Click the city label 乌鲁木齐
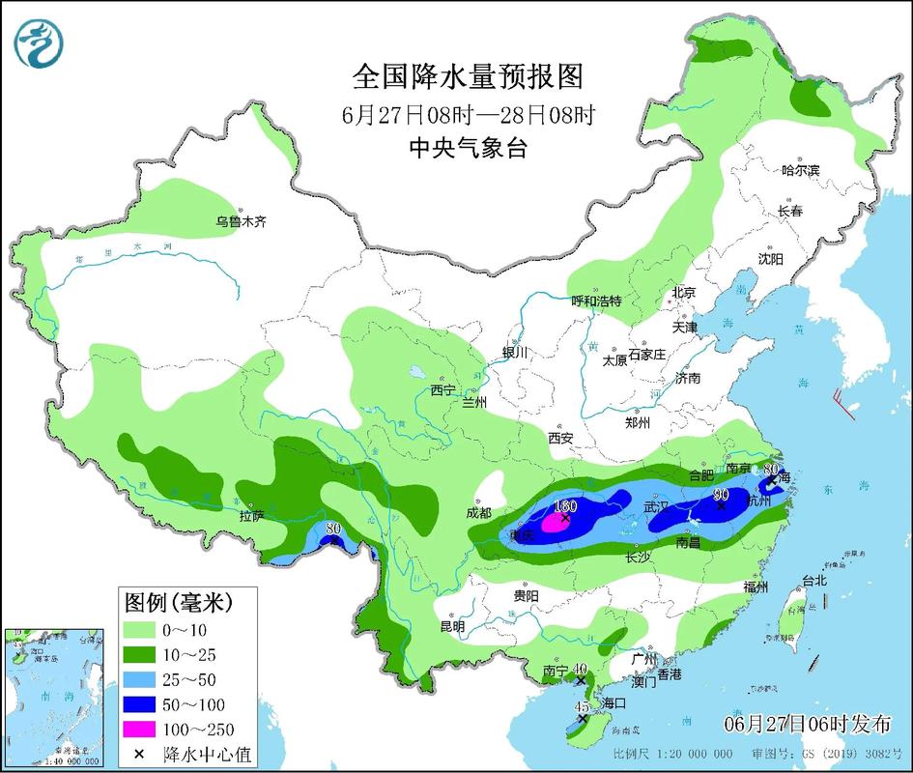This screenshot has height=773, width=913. [241, 221]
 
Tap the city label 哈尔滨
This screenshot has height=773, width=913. [800, 170]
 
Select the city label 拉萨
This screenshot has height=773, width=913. [253, 516]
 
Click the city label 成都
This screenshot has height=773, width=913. [478, 512]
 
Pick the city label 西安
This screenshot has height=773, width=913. [560, 438]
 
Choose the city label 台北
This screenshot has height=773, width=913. [814, 581]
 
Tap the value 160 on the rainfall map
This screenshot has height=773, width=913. [565, 506]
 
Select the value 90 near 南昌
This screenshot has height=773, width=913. [720, 495]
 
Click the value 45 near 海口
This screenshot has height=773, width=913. [582, 707]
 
